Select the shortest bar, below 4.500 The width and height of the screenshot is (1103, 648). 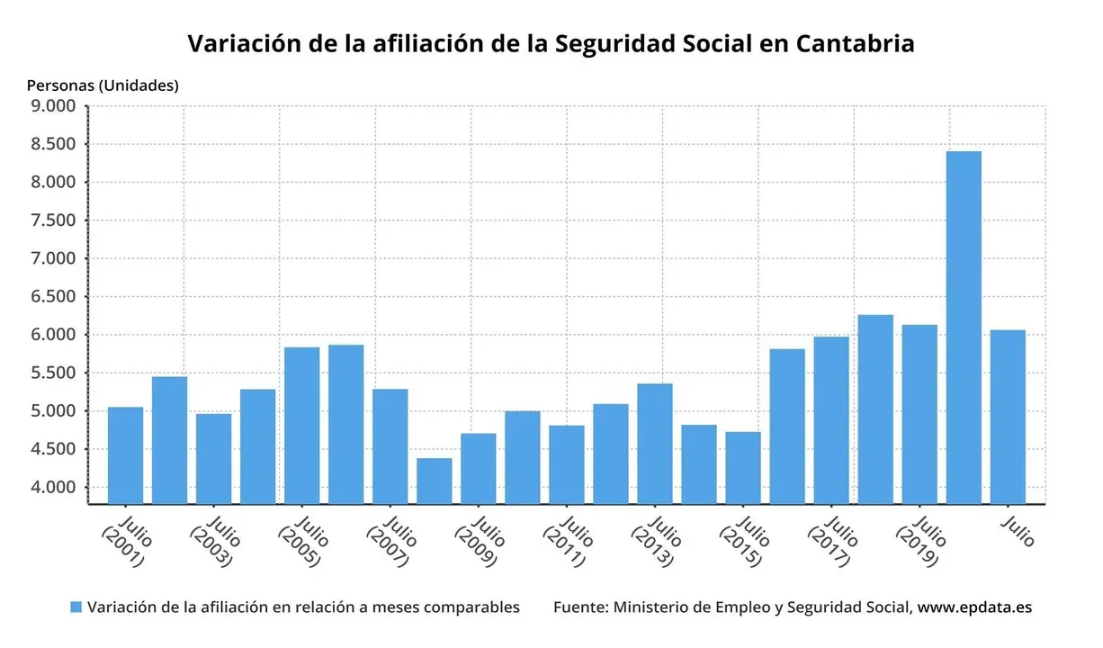434,481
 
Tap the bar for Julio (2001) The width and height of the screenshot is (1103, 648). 125,454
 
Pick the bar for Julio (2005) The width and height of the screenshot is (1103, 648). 301,425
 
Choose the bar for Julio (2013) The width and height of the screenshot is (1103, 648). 655,443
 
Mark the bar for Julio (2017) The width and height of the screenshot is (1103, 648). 831,419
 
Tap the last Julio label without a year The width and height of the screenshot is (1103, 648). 1018,530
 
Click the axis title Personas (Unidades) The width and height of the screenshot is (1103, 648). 103,85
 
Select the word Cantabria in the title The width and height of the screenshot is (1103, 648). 855,43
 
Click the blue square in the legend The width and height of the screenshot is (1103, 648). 76,607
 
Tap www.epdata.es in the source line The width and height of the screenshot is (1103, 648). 974,607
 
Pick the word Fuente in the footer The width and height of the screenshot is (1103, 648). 579,607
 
